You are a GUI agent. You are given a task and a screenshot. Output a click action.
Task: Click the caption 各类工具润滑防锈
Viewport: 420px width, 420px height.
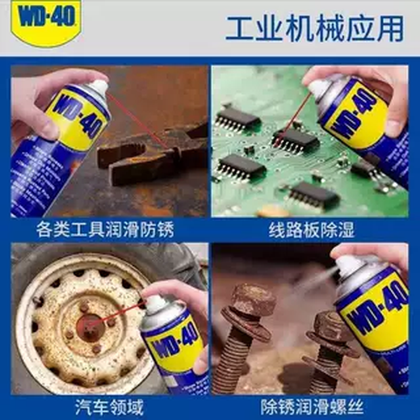(x=109, y=230)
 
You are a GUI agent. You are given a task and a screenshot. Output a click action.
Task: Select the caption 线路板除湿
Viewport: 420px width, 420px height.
(x=311, y=230)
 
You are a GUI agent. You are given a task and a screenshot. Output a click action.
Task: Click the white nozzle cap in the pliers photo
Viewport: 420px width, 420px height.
(x=96, y=86)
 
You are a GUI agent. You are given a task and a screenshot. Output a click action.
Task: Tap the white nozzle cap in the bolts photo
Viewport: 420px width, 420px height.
(x=351, y=266)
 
